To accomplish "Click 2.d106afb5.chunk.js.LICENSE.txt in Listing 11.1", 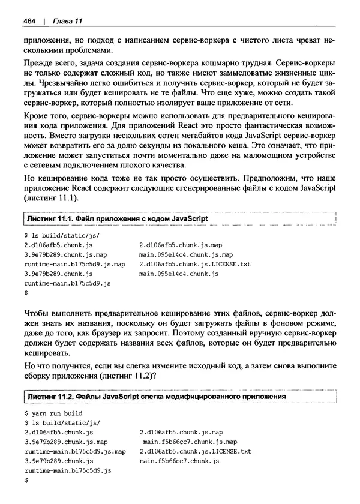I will [x=194, y=264].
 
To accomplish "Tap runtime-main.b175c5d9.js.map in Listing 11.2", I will [x=75, y=451].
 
